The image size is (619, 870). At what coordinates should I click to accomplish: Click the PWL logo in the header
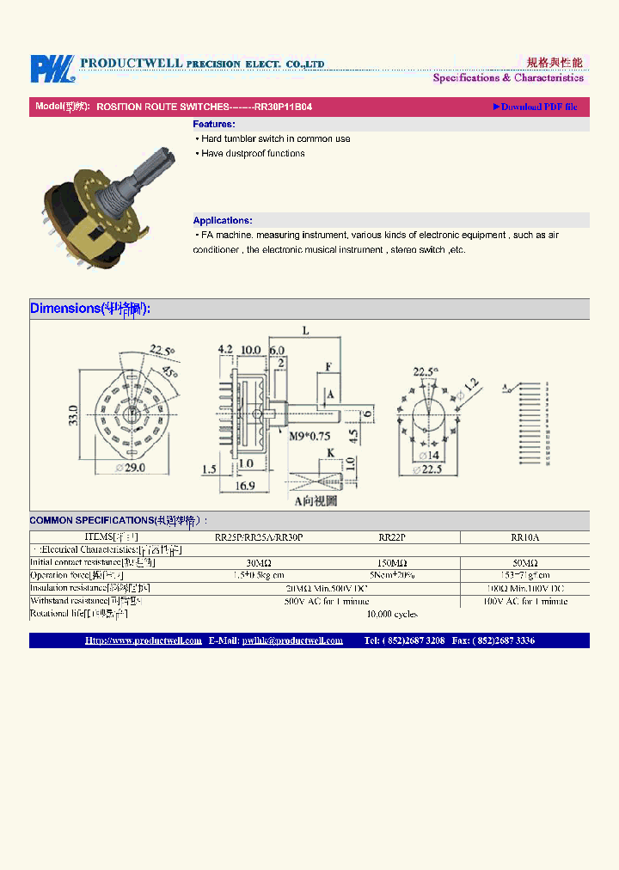[x=52, y=69]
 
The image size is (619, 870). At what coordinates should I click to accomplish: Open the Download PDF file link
[x=535, y=107]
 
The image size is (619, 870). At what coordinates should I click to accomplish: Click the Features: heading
[x=214, y=125]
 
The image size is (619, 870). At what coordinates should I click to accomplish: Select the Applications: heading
[x=223, y=221]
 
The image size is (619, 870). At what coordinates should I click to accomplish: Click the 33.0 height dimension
[x=74, y=416]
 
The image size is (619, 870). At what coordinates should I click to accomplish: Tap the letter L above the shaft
[x=306, y=330]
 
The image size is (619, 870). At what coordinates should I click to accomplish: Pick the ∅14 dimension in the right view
[x=428, y=455]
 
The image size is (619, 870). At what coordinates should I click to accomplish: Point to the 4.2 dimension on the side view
[x=226, y=350]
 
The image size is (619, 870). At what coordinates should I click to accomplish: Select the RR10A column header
[x=525, y=537]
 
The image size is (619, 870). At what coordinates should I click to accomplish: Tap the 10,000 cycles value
[x=392, y=614]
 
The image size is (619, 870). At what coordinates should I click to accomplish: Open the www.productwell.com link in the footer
[x=144, y=640]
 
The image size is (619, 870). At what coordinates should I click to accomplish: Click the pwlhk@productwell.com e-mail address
[x=292, y=640]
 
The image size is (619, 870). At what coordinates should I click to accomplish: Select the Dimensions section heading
[x=90, y=309]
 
